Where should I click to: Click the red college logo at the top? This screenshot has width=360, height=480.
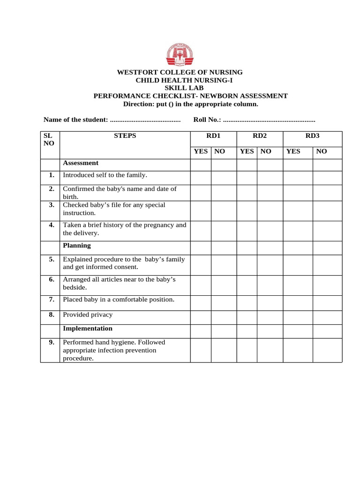coord(180,55)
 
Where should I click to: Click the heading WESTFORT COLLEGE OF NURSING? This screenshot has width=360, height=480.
coord(180,72)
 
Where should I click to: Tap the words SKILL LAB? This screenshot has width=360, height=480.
coord(180,88)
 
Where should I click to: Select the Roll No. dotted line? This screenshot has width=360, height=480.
coord(269,120)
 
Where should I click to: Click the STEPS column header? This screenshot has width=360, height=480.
coord(125,136)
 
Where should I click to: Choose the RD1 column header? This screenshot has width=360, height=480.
coord(213,136)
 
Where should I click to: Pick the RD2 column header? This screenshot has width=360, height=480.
coord(259,136)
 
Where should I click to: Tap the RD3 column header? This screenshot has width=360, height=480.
coord(312,136)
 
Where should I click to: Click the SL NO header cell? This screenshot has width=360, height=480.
coord(50,139)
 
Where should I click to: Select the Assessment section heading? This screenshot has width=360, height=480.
coord(81,163)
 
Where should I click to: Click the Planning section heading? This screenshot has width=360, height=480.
coord(77,245)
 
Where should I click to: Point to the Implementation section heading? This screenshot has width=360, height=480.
coord(88,328)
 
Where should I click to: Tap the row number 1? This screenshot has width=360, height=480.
coord(51,175)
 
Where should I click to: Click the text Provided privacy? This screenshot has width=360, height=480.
coord(88,315)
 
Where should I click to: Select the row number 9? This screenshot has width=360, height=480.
coord(51,342)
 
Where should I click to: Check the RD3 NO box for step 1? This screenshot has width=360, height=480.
coord(327,177)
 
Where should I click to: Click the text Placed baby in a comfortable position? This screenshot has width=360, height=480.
coord(119,299)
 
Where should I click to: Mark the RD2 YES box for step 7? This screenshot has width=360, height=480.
coord(247,302)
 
